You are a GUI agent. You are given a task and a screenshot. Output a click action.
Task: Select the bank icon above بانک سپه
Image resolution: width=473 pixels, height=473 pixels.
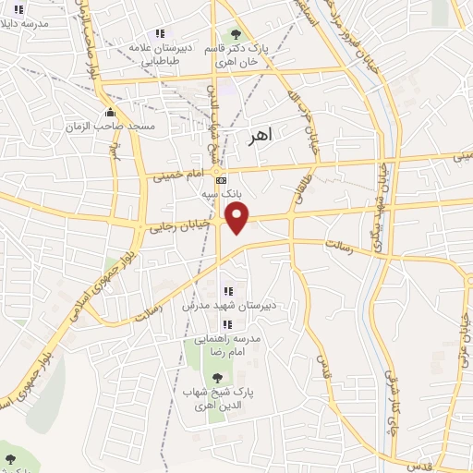click(219, 180)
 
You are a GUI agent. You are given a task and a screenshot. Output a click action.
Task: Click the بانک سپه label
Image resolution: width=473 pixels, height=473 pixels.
click(220, 195)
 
